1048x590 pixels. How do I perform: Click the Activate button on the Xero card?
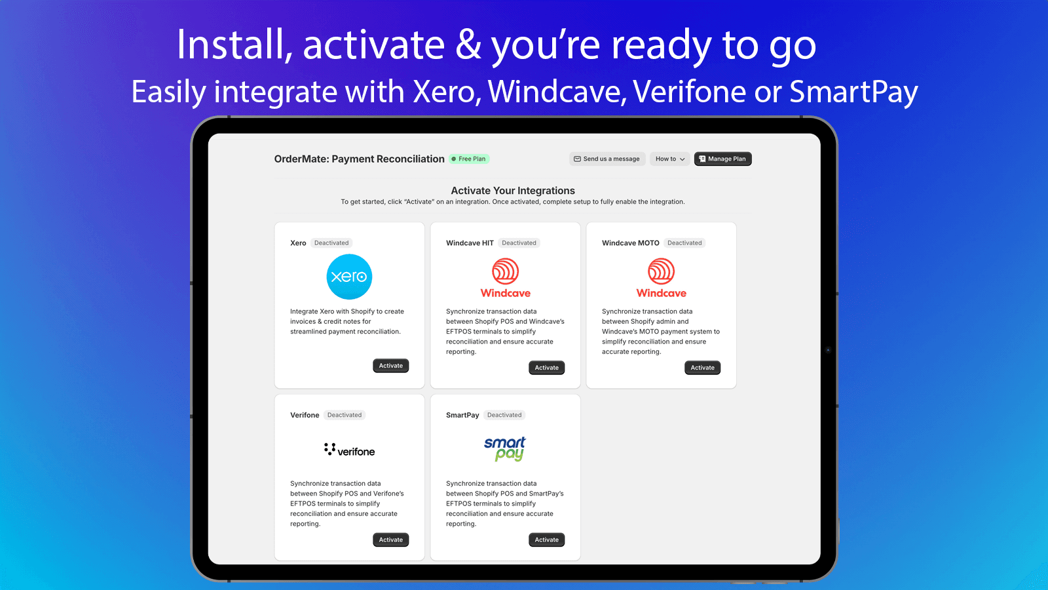pyautogui.click(x=390, y=366)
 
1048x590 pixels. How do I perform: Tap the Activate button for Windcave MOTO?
pyautogui.click(x=702, y=368)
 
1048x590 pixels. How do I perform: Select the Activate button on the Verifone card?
pyautogui.click(x=390, y=540)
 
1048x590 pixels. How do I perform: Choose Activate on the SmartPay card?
pyautogui.click(x=546, y=540)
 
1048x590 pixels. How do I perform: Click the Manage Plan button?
pyautogui.click(x=722, y=159)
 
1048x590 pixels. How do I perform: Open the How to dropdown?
pyautogui.click(x=669, y=159)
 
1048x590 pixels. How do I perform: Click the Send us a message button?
pyautogui.click(x=607, y=159)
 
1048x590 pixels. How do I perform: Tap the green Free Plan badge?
pyautogui.click(x=469, y=159)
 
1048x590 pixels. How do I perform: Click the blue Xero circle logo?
pyautogui.click(x=349, y=277)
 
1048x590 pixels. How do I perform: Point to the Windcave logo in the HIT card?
pyautogui.click(x=505, y=278)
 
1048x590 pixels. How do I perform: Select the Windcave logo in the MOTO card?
pyautogui.click(x=661, y=278)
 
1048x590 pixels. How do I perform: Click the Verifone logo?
pyautogui.click(x=349, y=450)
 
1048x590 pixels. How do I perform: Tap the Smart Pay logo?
pyautogui.click(x=505, y=449)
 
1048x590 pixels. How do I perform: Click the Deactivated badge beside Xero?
pyautogui.click(x=331, y=243)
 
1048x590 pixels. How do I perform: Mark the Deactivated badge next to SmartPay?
pyautogui.click(x=504, y=415)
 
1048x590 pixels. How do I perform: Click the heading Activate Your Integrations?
pyautogui.click(x=513, y=191)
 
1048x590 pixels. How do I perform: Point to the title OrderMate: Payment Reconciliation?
pyautogui.click(x=359, y=159)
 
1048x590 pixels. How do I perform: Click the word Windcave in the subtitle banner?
pyautogui.click(x=554, y=92)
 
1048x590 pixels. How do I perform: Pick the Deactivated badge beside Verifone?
pyautogui.click(x=345, y=415)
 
